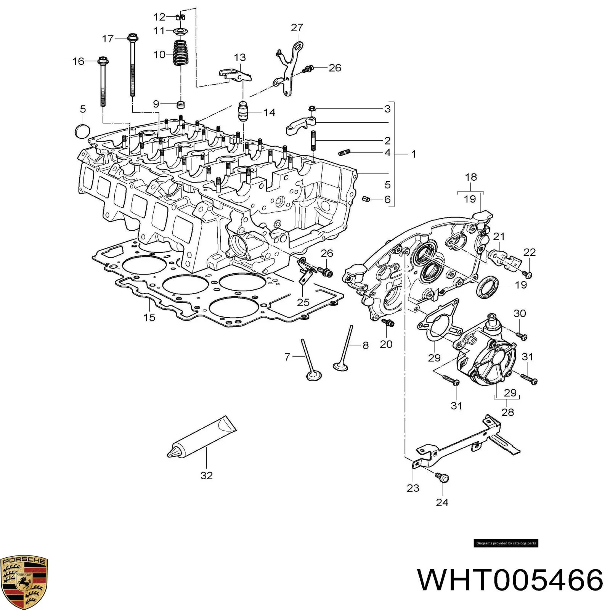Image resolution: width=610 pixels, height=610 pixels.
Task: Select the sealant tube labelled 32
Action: point(202,436)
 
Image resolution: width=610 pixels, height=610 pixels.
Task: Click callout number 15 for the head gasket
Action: point(149,317)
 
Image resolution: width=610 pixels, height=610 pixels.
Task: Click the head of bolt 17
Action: point(133,37)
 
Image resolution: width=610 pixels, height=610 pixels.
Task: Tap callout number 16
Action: point(78,61)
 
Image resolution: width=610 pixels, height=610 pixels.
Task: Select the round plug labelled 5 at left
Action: point(82,131)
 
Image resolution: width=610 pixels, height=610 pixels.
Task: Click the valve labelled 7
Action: point(309,360)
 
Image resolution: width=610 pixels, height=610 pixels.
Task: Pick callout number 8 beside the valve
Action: point(365,345)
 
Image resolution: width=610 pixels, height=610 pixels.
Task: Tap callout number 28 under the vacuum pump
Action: point(507,412)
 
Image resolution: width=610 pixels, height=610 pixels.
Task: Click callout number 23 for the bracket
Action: point(413,488)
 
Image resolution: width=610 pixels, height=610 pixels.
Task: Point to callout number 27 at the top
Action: point(297,27)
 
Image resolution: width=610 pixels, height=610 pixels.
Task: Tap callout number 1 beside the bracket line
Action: point(413,154)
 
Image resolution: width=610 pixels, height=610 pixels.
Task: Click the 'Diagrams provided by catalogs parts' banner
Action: point(506,543)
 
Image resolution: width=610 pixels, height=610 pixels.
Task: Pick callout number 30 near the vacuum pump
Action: point(520,313)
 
